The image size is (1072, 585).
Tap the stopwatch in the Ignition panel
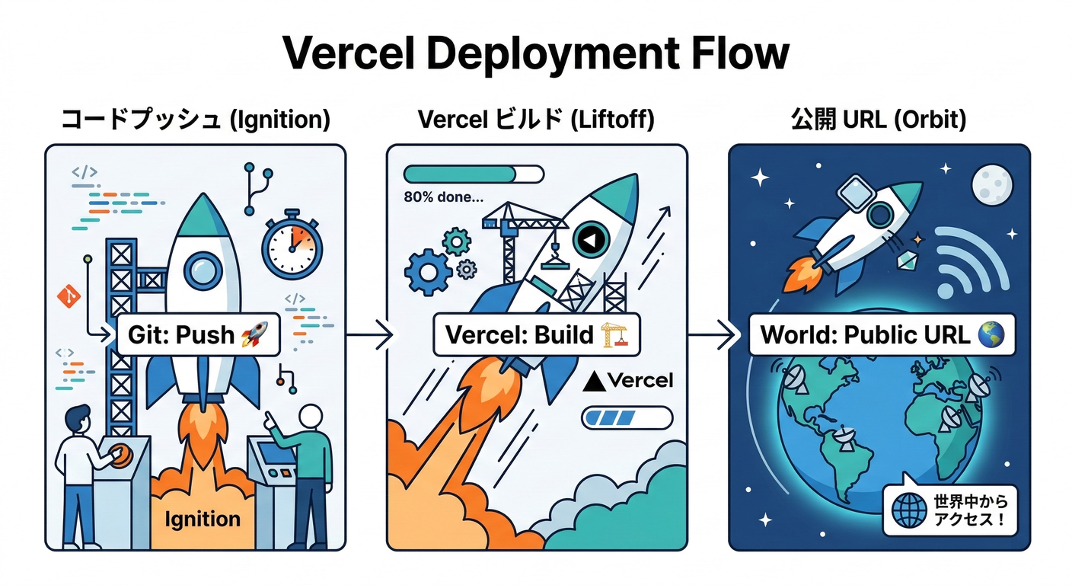click(x=292, y=245)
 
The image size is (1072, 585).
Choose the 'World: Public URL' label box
click(x=882, y=335)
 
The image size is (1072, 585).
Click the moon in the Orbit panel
click(x=992, y=185)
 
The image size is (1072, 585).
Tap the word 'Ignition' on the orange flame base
click(x=202, y=519)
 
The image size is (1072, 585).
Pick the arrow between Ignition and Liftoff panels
click(x=369, y=335)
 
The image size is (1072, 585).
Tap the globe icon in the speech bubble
click(x=907, y=511)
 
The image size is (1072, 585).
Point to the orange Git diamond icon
click(x=69, y=296)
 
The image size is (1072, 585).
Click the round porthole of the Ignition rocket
click(x=203, y=268)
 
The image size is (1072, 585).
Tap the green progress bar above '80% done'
click(x=473, y=174)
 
